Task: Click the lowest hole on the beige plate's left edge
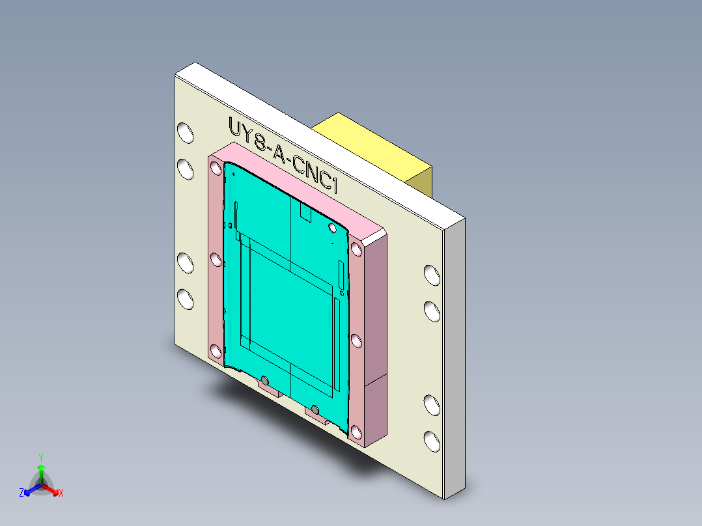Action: point(186,299)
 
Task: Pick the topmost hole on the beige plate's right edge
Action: point(432,274)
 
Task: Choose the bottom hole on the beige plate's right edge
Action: point(432,441)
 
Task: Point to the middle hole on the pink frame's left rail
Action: point(216,260)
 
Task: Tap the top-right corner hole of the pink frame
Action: point(356,249)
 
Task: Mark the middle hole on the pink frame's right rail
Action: point(356,340)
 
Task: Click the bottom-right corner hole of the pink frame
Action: point(356,431)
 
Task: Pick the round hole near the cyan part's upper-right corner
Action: point(333,227)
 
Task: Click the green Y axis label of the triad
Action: point(40,457)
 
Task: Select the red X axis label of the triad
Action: point(61,493)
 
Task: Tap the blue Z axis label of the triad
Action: point(21,493)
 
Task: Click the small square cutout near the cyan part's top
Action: point(304,213)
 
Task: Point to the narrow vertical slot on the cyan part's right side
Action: point(341,274)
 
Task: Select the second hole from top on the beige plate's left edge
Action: point(186,170)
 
